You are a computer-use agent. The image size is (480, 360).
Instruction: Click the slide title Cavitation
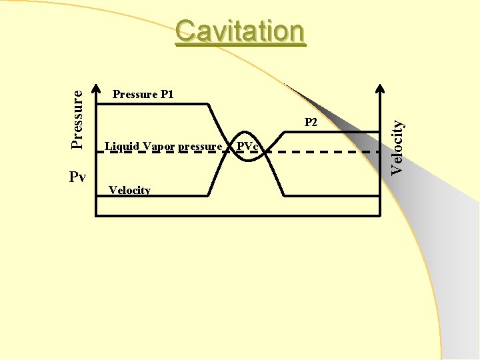point(240,31)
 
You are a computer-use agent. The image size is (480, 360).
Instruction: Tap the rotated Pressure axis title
point(78,119)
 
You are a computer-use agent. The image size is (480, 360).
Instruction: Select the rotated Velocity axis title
point(397,147)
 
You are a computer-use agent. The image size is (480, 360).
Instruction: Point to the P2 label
point(311,123)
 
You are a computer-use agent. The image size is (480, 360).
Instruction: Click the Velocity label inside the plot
point(129,190)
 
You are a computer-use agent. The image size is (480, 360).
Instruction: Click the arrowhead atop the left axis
point(97,90)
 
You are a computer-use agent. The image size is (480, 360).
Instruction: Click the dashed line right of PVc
point(320,152)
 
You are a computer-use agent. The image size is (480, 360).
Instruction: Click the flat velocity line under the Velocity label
point(153,197)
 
